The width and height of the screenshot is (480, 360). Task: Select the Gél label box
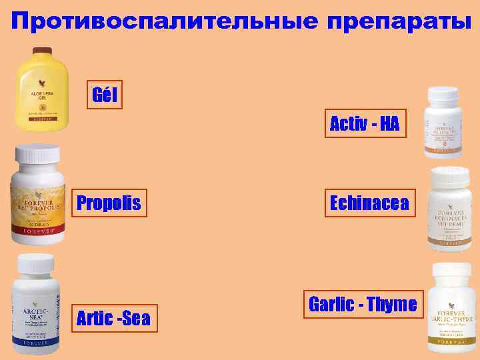[105, 95]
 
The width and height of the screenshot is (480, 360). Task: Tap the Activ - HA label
[365, 123]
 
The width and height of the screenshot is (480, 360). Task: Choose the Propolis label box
[109, 203]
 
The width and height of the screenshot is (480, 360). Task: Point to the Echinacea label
[369, 203]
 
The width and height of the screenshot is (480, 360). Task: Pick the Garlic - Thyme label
[363, 305]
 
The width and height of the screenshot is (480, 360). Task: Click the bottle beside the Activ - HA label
[444, 123]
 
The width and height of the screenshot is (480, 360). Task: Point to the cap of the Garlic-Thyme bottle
[451, 271]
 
